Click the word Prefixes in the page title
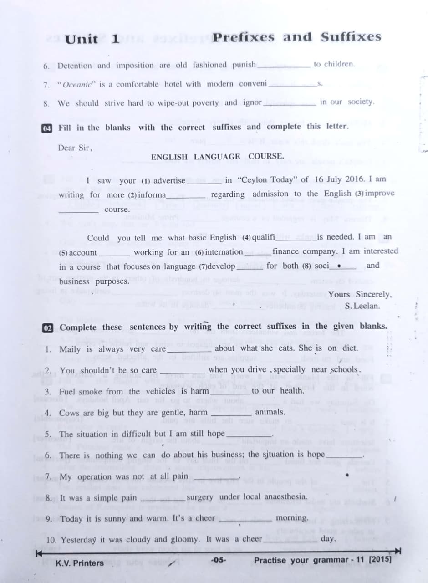(x=244, y=37)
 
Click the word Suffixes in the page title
(x=351, y=37)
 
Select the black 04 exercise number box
(x=46, y=128)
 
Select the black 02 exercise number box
(x=47, y=327)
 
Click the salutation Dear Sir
(x=75, y=148)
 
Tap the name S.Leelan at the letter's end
(x=362, y=306)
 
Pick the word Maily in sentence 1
(x=70, y=349)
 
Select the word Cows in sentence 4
(x=69, y=413)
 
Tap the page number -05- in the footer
(x=219, y=560)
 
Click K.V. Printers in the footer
(x=80, y=563)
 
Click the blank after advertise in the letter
(x=205, y=180)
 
